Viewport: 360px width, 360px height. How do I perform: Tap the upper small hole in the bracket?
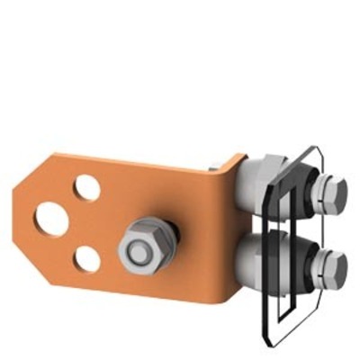click(x=87, y=188)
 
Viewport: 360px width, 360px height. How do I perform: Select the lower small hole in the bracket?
click(x=87, y=259)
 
